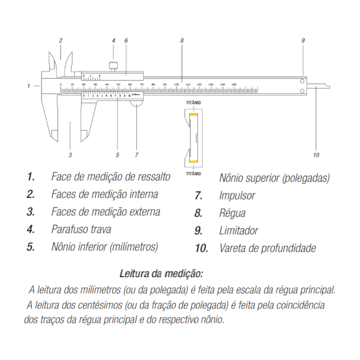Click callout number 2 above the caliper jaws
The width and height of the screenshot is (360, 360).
pyautogui.click(x=60, y=40)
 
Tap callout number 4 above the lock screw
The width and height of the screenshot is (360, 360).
pyautogui.click(x=113, y=40)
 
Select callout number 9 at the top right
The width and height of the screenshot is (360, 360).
pyautogui.click(x=303, y=40)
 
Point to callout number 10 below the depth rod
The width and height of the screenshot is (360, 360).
pyautogui.click(x=316, y=155)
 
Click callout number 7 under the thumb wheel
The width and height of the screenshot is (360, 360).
pyautogui.click(x=136, y=155)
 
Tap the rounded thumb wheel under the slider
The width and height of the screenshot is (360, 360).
pyautogui.click(x=137, y=101)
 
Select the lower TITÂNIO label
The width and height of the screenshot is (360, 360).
pyautogui.click(x=193, y=173)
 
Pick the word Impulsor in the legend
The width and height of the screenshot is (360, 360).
pyautogui.click(x=237, y=196)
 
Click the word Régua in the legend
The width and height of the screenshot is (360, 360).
pyautogui.click(x=232, y=213)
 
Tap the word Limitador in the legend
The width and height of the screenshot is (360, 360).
pyautogui.click(x=239, y=230)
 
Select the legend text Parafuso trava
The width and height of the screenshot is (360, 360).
pyautogui.click(x=81, y=229)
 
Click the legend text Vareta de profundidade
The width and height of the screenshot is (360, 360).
pyautogui.click(x=268, y=248)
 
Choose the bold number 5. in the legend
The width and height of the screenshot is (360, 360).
pyautogui.click(x=30, y=246)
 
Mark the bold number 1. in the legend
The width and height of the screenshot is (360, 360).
pyautogui.click(x=30, y=177)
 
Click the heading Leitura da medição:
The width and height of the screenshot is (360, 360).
pyautogui.click(x=161, y=273)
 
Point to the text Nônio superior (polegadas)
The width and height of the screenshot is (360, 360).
pyautogui.click(x=274, y=178)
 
